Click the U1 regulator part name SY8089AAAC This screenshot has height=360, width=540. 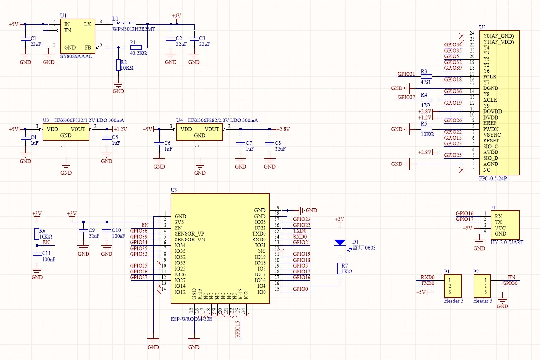point(77,56)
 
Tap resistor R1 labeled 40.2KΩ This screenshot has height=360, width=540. point(136,48)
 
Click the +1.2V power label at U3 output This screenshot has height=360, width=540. point(120,129)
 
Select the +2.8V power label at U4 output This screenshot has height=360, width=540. point(283,129)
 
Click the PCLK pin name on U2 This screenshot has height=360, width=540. point(490,76)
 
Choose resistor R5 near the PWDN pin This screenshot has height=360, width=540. point(426,129)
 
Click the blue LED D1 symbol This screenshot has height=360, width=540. point(340,242)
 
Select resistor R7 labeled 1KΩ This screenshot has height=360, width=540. point(340,268)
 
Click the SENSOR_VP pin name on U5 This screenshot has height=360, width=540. point(189,234)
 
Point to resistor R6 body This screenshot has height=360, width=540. point(37,233)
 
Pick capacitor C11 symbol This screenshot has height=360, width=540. point(37,255)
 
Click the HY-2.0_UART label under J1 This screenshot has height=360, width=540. point(507,242)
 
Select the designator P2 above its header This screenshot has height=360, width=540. point(476,271)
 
